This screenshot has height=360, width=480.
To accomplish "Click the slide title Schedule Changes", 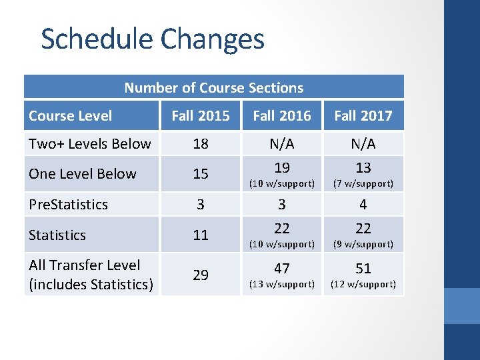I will [153, 39].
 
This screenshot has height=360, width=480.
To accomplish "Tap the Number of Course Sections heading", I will [213, 87].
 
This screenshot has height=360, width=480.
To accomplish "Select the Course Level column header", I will [70, 115].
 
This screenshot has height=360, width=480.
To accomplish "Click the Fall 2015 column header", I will [200, 115].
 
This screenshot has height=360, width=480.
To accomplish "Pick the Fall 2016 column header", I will [281, 115].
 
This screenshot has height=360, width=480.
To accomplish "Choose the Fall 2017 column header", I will [363, 115].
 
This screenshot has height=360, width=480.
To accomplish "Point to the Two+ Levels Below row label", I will [90, 143].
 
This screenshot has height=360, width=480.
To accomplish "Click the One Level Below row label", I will [82, 173].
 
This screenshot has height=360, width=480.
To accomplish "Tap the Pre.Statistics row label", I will [68, 204].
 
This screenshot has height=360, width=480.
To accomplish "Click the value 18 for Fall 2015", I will [200, 144].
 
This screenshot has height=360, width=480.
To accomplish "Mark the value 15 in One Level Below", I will [200, 174].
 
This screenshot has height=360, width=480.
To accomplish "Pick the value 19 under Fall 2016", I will [281, 167].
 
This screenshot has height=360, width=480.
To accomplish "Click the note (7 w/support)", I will [363, 183].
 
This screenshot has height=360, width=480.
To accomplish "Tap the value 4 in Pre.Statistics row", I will [363, 204].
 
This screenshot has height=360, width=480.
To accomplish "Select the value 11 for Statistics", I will [200, 235].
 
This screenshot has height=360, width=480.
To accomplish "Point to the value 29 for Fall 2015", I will [200, 275].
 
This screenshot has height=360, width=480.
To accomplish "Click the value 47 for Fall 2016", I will [281, 268].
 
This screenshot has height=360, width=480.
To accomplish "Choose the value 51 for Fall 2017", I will [363, 268].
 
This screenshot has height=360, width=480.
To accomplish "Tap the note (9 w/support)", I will [363, 244].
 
